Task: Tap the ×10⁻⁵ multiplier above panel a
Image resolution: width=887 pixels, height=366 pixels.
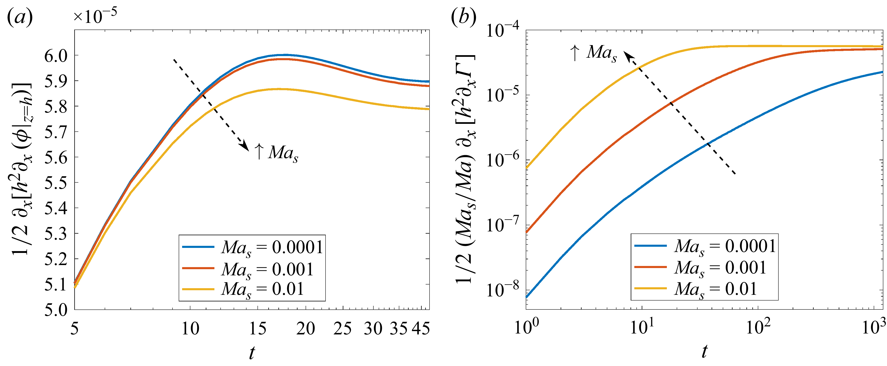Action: click(95, 16)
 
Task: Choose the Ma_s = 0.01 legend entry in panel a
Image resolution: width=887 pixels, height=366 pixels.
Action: click(243, 289)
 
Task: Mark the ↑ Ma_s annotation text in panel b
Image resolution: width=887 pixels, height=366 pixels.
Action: click(593, 53)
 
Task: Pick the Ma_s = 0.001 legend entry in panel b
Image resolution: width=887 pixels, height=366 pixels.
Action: click(701, 268)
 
